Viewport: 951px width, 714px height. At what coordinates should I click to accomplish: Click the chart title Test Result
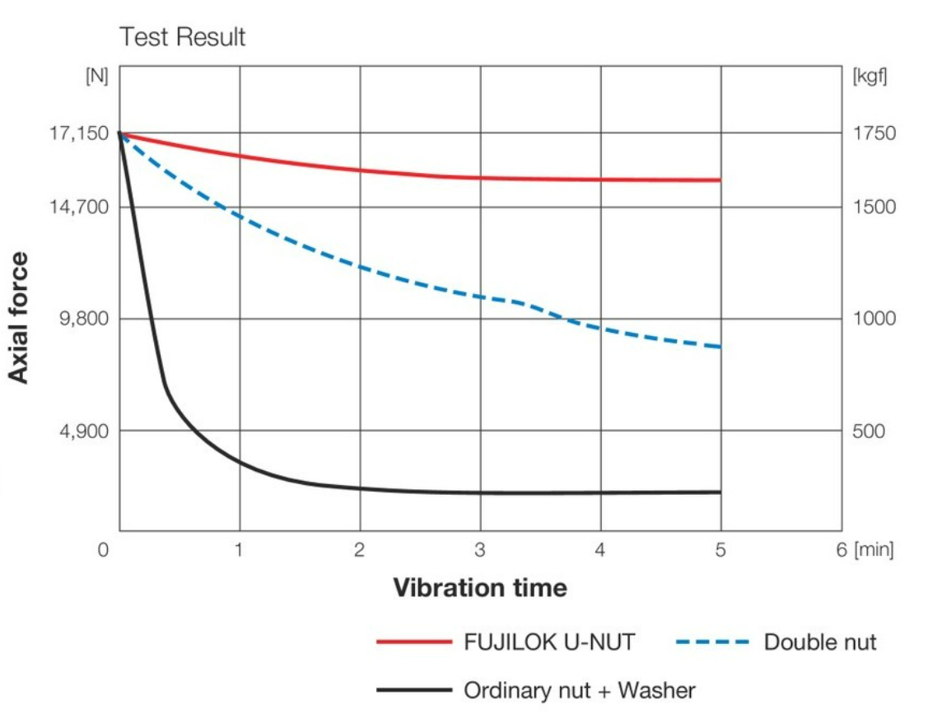(182, 37)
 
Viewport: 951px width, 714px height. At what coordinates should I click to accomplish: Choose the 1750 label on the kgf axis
(874, 133)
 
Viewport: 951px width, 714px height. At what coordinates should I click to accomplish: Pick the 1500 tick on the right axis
(874, 207)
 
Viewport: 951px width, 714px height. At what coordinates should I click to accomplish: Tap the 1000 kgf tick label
(874, 319)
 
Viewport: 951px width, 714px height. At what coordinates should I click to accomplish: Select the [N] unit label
(96, 76)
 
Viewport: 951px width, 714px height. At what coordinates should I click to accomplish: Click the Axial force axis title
(19, 318)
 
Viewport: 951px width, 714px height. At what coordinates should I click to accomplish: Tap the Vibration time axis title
(479, 588)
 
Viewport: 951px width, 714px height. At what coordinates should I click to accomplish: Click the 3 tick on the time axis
(479, 549)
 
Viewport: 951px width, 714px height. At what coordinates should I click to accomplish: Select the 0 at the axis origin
(103, 549)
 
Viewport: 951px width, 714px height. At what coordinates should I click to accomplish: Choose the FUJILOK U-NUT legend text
(549, 642)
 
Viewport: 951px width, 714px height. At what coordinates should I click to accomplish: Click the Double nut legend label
(820, 642)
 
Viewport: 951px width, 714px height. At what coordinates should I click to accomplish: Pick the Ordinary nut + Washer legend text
(580, 690)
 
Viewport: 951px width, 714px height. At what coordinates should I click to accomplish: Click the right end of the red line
(720, 180)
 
